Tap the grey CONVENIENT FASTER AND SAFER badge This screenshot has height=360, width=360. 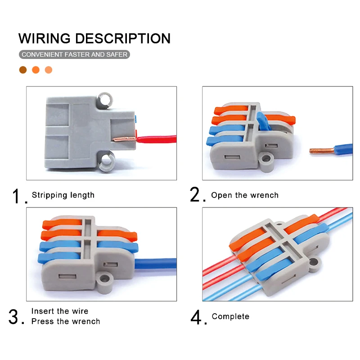75,54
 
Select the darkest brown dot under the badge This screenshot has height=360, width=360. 23,70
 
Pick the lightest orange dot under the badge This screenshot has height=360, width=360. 49,70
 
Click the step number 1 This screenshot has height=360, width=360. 17,197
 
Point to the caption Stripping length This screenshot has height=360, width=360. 63,195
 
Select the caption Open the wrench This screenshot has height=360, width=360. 245,195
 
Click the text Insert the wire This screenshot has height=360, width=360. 60,311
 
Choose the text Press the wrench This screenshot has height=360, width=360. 66,321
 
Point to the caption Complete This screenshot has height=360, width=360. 230,316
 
